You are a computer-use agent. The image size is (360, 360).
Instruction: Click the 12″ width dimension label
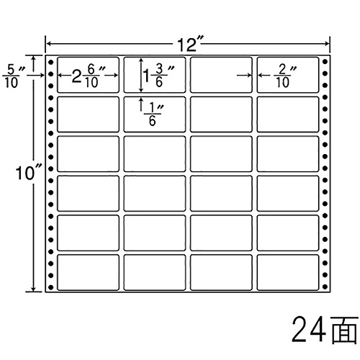click(x=191, y=43)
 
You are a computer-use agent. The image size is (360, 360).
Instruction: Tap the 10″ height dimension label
click(x=29, y=173)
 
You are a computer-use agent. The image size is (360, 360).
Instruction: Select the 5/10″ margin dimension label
click(x=14, y=76)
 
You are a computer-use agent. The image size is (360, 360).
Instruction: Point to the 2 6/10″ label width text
click(x=89, y=76)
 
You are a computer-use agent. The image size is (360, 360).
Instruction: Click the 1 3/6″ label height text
click(x=158, y=76)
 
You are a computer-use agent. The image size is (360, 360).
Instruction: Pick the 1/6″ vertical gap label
click(x=153, y=114)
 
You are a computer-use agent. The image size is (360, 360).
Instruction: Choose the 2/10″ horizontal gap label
click(x=285, y=76)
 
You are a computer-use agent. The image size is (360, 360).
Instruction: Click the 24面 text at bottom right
click(x=325, y=329)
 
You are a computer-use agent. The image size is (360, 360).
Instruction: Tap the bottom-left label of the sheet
click(x=88, y=272)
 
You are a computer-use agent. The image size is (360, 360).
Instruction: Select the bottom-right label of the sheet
click(x=288, y=272)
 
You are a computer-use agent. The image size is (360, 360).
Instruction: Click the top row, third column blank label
click(x=221, y=75)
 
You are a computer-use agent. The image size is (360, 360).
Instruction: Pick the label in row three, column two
click(x=155, y=154)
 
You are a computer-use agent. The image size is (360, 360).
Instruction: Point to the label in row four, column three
click(x=221, y=194)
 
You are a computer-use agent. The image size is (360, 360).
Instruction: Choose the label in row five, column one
click(x=88, y=233)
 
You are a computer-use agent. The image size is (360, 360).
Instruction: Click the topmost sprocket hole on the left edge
click(x=50, y=62)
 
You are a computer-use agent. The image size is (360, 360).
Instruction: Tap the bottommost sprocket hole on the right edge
click(x=325, y=287)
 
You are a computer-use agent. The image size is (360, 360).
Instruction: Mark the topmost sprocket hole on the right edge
click(x=325, y=62)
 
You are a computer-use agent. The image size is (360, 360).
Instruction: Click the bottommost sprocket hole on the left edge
click(x=50, y=287)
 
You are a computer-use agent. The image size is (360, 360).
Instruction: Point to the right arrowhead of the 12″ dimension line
click(x=328, y=43)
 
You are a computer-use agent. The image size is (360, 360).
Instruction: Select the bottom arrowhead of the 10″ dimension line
click(x=34, y=289)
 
